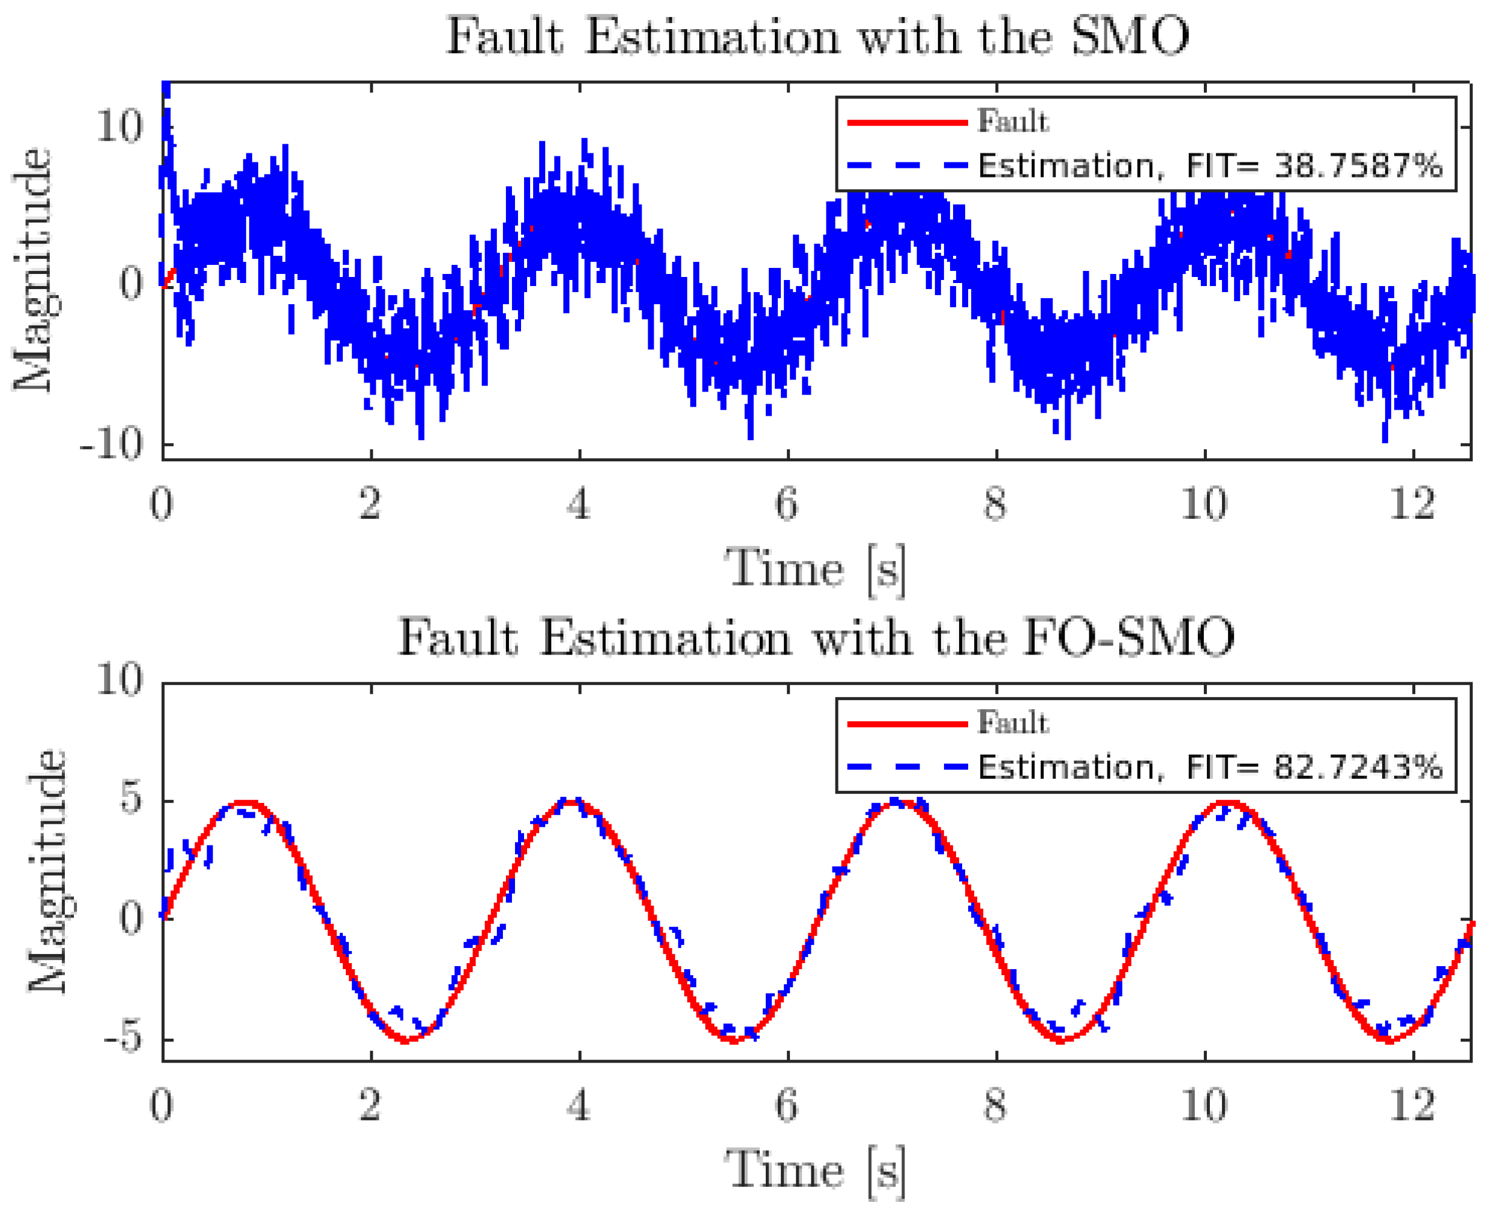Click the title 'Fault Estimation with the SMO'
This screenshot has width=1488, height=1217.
[817, 36]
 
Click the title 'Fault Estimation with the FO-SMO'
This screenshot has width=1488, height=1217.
[817, 638]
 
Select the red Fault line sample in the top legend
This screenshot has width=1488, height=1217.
[907, 122]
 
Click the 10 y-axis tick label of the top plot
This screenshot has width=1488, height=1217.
[119, 127]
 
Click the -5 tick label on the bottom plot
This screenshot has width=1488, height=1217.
[122, 1039]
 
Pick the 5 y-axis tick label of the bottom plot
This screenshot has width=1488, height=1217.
[131, 800]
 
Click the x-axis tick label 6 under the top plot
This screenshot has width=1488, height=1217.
[786, 504]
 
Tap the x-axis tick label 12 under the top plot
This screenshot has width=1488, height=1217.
[1412, 504]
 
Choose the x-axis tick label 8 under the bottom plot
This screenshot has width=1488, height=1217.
[995, 1105]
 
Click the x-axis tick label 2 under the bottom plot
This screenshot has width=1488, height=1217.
[370, 1105]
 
